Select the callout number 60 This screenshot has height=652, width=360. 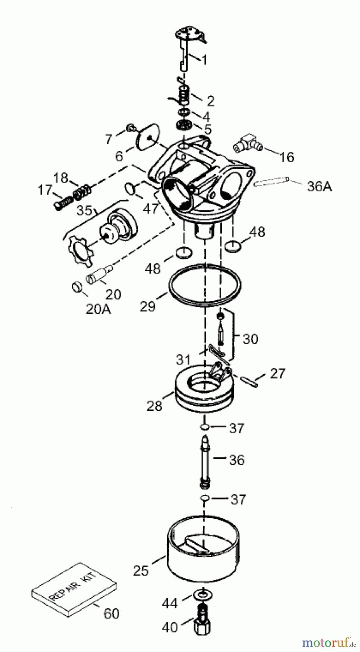point(111,613)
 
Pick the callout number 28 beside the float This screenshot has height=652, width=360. point(154,406)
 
